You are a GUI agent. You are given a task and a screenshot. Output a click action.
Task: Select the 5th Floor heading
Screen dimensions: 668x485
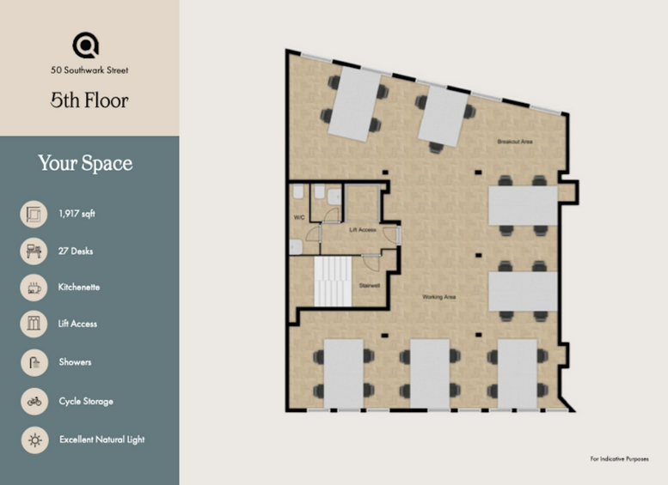point(89,100)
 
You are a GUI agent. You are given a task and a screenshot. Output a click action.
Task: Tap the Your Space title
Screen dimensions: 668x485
point(85,163)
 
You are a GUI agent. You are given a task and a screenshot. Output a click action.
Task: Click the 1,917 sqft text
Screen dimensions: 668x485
point(77,214)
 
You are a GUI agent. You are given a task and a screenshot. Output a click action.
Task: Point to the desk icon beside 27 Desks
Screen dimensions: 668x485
point(34,251)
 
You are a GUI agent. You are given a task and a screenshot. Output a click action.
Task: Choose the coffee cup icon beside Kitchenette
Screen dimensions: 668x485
point(34,288)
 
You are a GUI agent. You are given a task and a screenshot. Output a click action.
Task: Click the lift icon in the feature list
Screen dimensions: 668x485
point(34,324)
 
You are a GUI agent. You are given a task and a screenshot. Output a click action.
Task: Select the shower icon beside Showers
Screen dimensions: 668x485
point(34,362)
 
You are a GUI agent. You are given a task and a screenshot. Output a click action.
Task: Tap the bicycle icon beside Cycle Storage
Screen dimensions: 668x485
point(34,401)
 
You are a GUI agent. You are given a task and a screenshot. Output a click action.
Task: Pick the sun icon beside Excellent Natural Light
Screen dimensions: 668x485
point(35,440)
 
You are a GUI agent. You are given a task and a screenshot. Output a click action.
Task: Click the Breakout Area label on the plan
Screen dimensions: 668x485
point(515,142)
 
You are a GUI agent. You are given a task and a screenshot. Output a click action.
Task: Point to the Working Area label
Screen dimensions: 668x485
point(438,297)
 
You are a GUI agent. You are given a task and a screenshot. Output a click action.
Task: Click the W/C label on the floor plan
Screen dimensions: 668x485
point(299,217)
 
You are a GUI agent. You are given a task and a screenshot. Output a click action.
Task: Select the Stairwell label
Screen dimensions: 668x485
point(370,286)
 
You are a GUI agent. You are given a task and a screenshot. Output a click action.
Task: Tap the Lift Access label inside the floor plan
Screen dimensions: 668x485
point(363,230)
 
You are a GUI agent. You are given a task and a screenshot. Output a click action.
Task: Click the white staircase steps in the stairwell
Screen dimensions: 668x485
point(334,282)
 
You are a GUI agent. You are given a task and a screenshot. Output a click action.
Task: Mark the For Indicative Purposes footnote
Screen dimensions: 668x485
point(620,458)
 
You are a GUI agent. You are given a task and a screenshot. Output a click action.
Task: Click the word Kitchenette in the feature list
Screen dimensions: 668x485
point(79,288)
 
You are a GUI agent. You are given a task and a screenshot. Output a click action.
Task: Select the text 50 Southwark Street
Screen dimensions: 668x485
point(89,70)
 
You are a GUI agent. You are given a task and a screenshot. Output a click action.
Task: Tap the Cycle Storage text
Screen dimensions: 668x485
point(86,402)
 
